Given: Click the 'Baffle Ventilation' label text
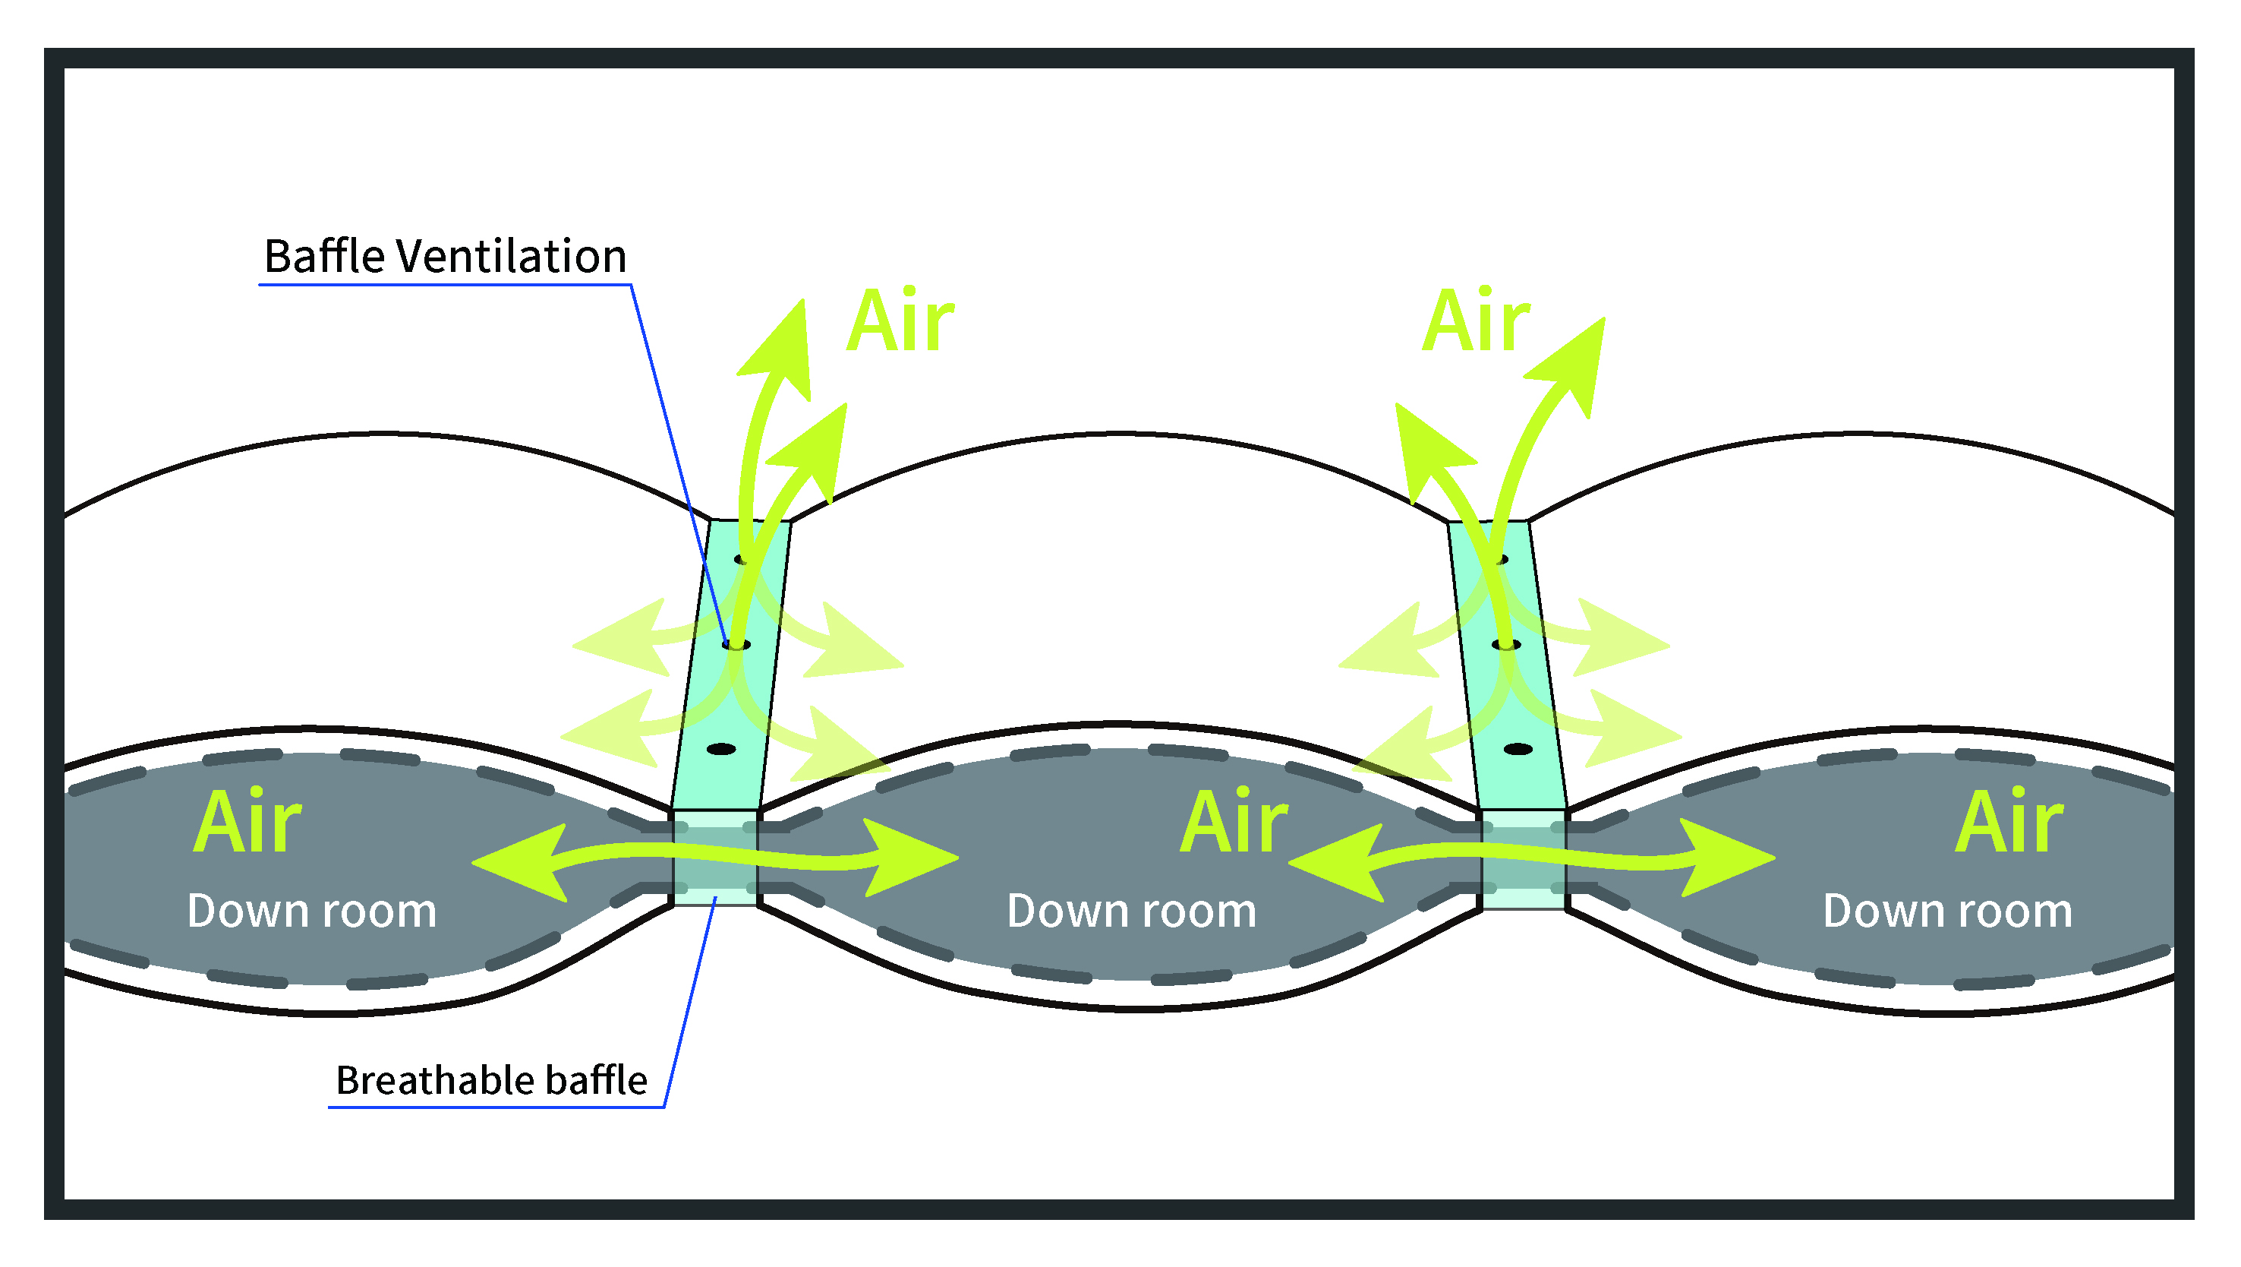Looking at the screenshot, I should pyautogui.click(x=445, y=257).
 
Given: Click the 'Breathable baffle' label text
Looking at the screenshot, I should pyautogui.click(x=491, y=1080).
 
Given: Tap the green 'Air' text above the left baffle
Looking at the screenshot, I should pyautogui.click(x=900, y=322).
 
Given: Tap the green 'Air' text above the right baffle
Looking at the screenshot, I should pyautogui.click(x=1476, y=322).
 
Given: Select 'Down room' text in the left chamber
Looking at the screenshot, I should pyautogui.click(x=311, y=911).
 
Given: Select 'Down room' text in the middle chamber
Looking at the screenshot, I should pyautogui.click(x=1131, y=911).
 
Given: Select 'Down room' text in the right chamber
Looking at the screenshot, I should pyautogui.click(x=1947, y=911).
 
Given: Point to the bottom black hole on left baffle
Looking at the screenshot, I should pyautogui.click(x=721, y=749).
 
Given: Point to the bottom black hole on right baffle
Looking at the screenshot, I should pyautogui.click(x=1518, y=749).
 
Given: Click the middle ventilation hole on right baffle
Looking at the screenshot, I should pyautogui.click(x=1506, y=645).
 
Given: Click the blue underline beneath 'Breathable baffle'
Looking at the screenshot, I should pyautogui.click(x=496, y=1107).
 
